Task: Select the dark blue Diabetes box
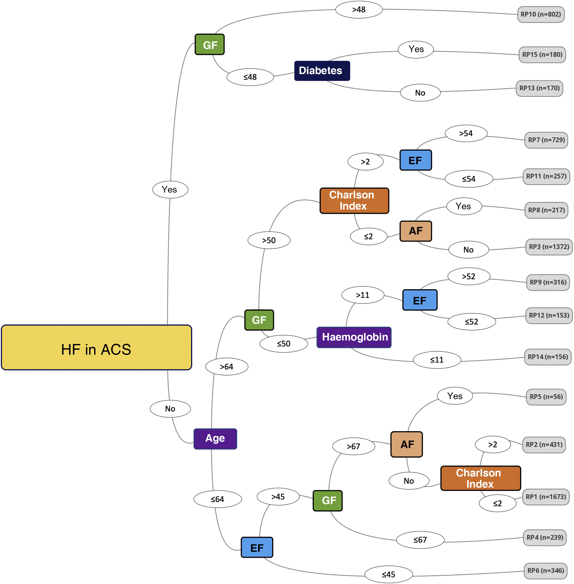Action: [x=322, y=71]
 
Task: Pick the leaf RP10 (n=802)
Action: [x=541, y=14]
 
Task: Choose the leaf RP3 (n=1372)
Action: [x=549, y=247]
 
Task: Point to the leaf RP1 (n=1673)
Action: [x=546, y=497]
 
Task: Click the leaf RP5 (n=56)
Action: [x=546, y=397]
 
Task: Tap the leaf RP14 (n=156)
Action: [x=547, y=357]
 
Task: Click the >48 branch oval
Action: [x=359, y=10]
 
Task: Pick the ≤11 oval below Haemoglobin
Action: [x=436, y=360]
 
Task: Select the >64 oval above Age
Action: [x=226, y=367]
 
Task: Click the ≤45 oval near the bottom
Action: [x=388, y=574]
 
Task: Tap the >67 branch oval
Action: [x=353, y=446]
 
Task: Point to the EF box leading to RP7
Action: [x=415, y=160]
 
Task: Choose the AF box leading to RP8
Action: [x=415, y=231]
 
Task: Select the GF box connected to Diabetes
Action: [x=209, y=45]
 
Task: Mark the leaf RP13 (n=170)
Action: [x=539, y=88]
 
